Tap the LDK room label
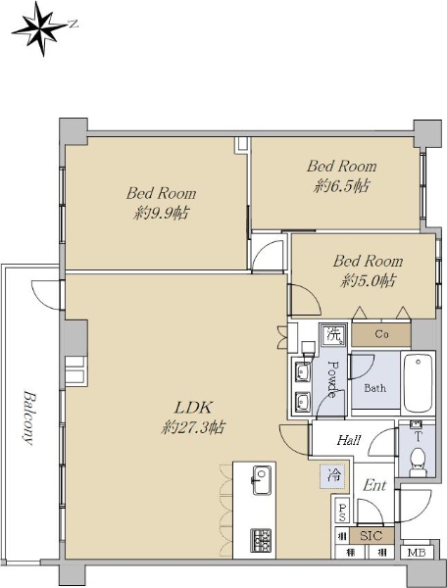point(194,408)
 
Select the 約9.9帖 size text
point(161,214)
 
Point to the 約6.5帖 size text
point(341,186)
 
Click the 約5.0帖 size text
point(368,280)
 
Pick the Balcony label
point(28,417)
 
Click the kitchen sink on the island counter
point(262,480)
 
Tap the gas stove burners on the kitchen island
point(261,540)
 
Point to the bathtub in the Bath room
point(419,383)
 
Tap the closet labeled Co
point(381,334)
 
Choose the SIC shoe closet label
point(372,535)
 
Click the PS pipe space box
point(342,513)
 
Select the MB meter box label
point(417,553)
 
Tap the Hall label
point(349,439)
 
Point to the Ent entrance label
point(374,486)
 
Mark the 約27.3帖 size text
point(194,427)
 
